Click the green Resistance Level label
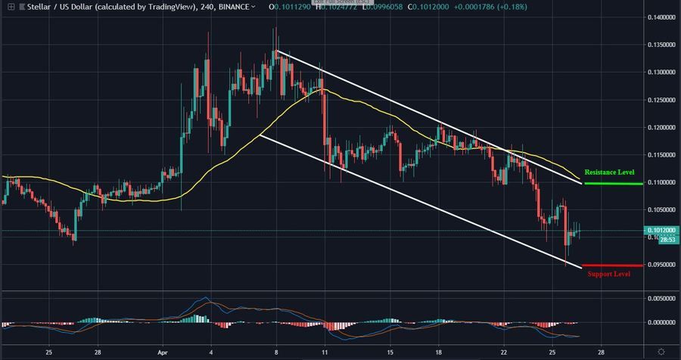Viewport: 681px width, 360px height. coord(609,172)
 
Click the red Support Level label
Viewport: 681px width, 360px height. coord(608,274)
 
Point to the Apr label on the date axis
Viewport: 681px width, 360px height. coord(163,352)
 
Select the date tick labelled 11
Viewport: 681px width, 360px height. coord(325,352)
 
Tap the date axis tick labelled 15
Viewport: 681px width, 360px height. coord(390,352)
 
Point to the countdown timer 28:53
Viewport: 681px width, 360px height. coord(666,239)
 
